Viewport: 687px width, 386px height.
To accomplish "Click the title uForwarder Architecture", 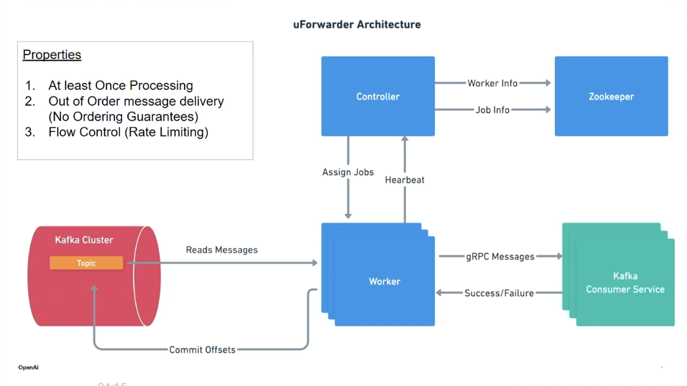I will (x=357, y=25).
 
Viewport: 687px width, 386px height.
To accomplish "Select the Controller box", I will (x=378, y=96).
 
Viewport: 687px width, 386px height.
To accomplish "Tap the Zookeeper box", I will (x=611, y=96).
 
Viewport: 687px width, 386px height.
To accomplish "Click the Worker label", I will (x=384, y=282).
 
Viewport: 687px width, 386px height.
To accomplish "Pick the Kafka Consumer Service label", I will (x=625, y=283).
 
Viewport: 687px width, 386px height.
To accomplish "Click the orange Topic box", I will (x=86, y=263).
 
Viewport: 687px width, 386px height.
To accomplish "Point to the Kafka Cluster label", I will (x=84, y=240).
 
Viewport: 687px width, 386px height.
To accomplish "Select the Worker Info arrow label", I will (x=492, y=83).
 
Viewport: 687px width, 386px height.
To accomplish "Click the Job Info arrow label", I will (x=492, y=110).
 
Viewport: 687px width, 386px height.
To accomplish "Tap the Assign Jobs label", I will (x=347, y=173).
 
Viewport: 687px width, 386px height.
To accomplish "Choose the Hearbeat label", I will (x=405, y=180).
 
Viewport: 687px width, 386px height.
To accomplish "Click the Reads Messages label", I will (x=221, y=250).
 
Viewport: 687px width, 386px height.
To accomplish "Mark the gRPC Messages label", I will (x=500, y=257).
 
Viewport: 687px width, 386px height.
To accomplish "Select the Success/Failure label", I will (x=499, y=293).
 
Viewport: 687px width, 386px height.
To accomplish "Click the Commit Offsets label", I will (x=202, y=350).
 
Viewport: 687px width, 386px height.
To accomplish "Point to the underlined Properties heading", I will (x=52, y=55).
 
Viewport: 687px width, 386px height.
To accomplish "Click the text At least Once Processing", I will (x=120, y=85).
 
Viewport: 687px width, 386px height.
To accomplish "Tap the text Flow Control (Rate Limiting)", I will (x=128, y=132).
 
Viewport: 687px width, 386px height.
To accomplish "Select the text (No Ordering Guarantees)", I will (x=123, y=117).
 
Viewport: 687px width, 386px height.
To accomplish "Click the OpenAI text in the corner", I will (x=28, y=368).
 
